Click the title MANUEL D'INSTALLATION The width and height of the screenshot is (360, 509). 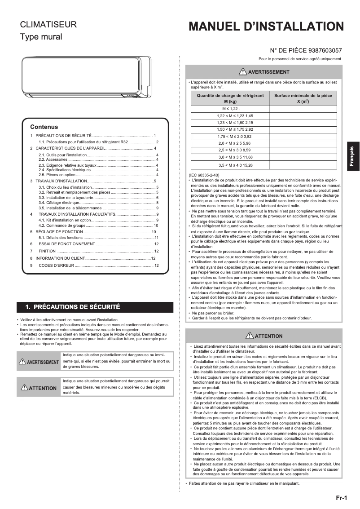(266, 27)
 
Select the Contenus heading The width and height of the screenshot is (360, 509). (44, 127)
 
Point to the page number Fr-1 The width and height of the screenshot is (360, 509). (342, 498)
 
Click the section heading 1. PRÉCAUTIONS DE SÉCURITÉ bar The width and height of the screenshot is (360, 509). (95, 307)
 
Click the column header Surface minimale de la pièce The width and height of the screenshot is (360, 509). (303, 99)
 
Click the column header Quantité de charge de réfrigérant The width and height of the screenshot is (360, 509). (230, 99)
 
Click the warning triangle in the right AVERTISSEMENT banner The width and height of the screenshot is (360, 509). (243, 72)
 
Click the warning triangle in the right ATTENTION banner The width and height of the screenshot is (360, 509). (250, 336)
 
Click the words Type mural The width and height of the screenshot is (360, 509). (41, 37)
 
